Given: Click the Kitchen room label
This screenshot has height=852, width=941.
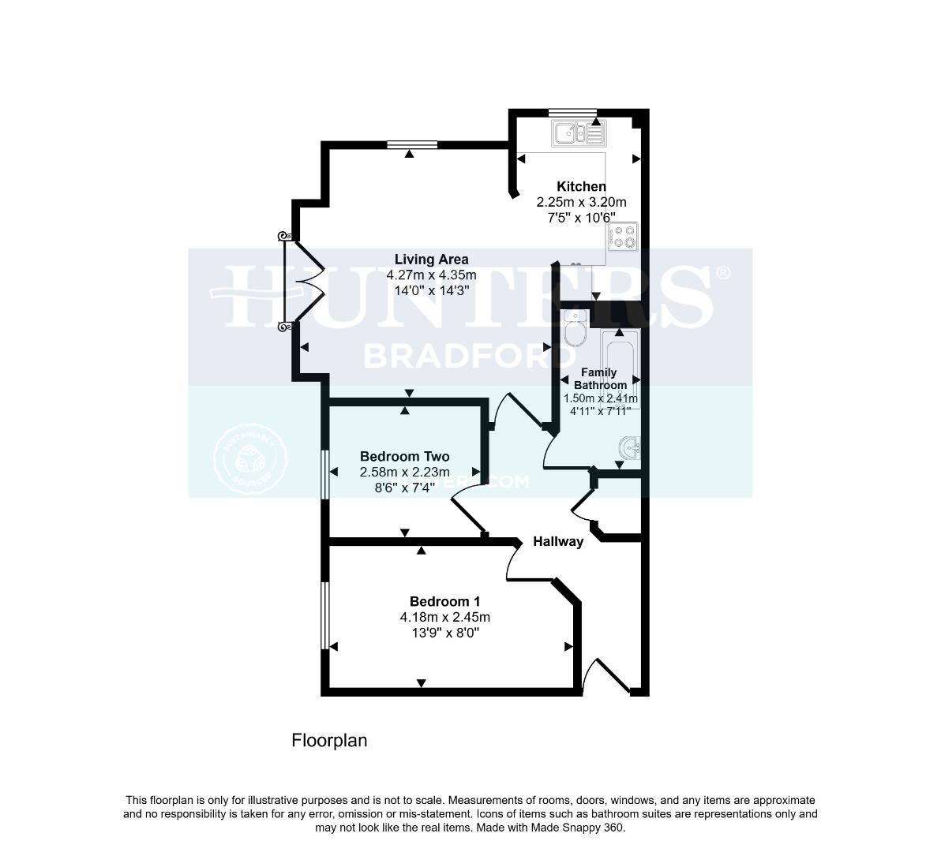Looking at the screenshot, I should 581,187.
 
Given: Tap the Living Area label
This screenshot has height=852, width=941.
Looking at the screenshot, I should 431,260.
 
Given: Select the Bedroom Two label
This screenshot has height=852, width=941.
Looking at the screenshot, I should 404,457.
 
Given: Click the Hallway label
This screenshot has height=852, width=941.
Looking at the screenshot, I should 558,542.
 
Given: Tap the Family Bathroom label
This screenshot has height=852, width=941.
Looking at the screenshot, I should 599,379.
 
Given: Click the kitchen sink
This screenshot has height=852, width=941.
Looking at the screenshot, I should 578,133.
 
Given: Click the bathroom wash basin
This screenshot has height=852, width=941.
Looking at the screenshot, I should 631,449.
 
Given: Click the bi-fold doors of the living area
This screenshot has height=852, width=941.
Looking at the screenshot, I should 303,281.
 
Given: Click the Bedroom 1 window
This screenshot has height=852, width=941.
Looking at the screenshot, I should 324,615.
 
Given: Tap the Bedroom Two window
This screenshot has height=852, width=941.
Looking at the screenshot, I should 324,474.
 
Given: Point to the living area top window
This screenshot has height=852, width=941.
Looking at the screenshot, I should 411,144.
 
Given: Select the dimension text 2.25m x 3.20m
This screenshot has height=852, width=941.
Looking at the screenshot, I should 581,202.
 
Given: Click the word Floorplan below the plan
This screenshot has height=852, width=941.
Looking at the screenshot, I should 329,741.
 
